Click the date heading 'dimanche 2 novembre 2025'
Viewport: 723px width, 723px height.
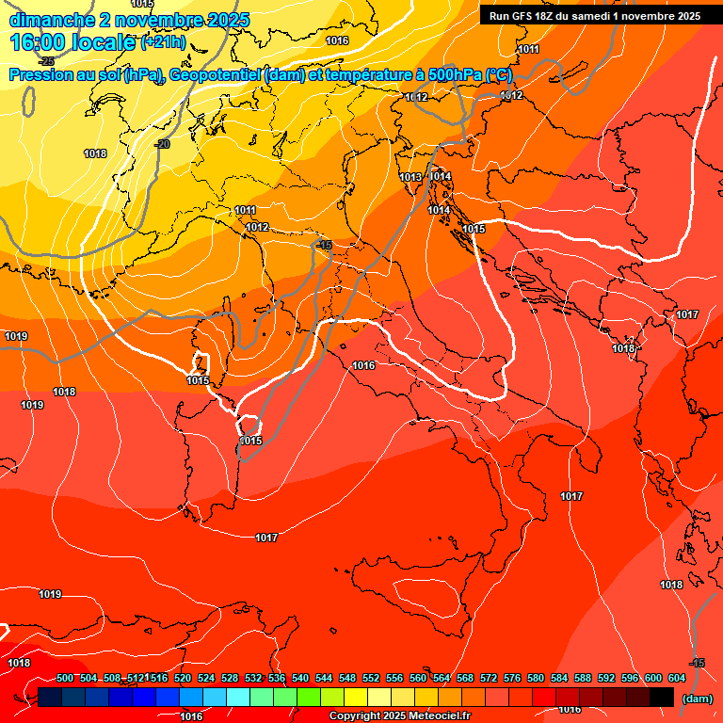[129, 19]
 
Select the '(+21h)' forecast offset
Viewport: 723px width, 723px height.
[163, 42]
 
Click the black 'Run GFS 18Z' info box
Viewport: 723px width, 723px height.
[594, 16]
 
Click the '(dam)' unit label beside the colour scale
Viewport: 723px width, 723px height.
[698, 698]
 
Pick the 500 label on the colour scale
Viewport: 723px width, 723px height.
[65, 678]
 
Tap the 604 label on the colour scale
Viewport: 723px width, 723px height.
[677, 678]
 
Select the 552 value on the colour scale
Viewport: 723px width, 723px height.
[371, 678]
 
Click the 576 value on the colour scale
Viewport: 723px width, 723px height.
[512, 678]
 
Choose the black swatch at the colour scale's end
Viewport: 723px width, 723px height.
[662, 697]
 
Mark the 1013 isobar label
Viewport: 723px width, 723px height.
[410, 177]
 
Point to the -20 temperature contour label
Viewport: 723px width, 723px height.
[162, 144]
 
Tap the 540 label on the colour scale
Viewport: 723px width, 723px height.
[300, 678]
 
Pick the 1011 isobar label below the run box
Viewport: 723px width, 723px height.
[528, 49]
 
